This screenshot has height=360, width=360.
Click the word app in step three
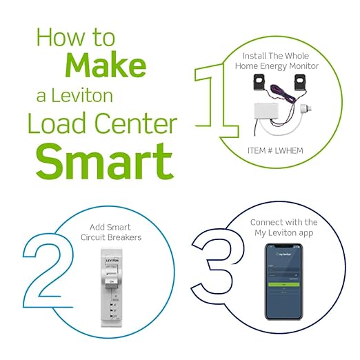pos(308,233)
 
